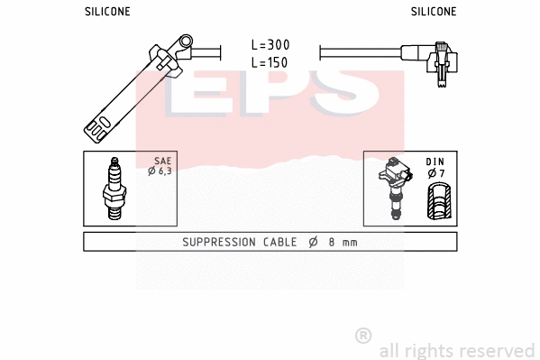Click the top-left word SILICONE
(107, 12)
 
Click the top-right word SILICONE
(434, 12)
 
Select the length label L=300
(270, 45)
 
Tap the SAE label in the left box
(162, 161)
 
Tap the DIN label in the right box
(435, 162)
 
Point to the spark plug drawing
(114, 189)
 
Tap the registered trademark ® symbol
(363, 336)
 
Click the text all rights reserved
(456, 350)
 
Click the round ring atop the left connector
(186, 42)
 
